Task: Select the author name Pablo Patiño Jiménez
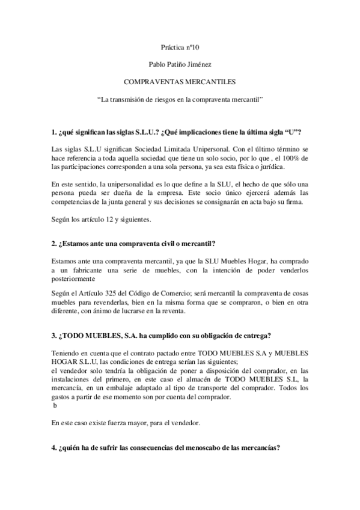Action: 180,63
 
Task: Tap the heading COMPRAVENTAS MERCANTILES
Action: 180,79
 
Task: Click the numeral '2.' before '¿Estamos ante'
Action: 55,242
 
